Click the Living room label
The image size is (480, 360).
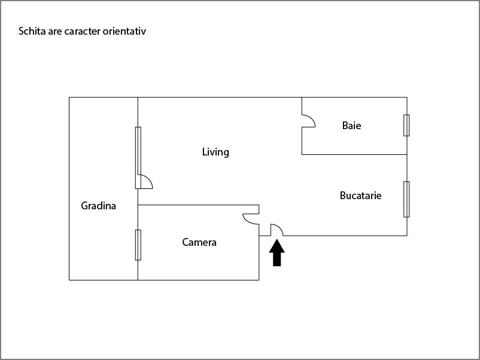coord(215,152)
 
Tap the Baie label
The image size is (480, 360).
coord(351,126)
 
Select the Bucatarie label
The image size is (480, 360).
coord(361,196)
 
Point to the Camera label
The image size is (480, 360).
coord(199,242)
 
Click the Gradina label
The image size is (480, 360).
coord(98,206)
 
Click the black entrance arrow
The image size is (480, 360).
coord(277,252)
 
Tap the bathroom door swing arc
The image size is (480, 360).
coord(309,121)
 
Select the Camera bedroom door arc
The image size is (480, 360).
coord(251,219)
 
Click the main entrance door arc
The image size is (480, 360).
coord(277,230)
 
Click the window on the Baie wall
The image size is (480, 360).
coord(406,126)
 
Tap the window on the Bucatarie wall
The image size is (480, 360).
coord(406,199)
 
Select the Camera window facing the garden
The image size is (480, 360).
coord(138,245)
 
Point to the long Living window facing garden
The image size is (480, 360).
coord(138,157)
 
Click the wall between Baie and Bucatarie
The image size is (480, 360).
coord(354,154)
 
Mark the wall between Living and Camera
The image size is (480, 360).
coord(198,205)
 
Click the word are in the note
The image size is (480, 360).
coord(55,32)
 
